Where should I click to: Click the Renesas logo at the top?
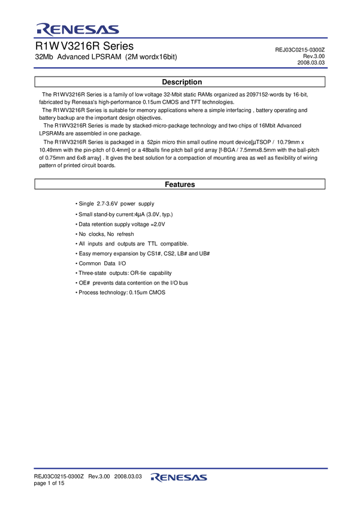pyautogui.click(x=77, y=29)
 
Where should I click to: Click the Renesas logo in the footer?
pyautogui.click(x=179, y=477)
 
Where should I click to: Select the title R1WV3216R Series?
pyautogui.click(x=84, y=46)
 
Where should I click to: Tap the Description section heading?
pyautogui.click(x=182, y=82)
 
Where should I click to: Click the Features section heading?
pyautogui.click(x=180, y=184)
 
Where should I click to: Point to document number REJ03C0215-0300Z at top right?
pyautogui.click(x=300, y=50)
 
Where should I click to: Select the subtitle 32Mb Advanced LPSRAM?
pyautogui.click(x=105, y=57)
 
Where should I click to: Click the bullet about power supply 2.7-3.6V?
pyautogui.click(x=115, y=204)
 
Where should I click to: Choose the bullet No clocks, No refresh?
pyautogui.click(x=105, y=234)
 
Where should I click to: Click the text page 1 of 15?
pyautogui.click(x=49, y=483)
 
